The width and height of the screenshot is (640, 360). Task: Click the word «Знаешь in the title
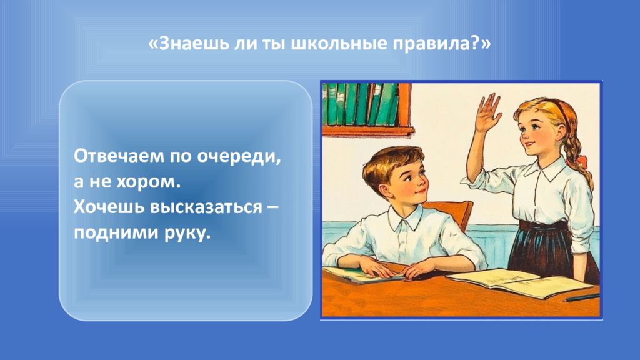tap(188, 43)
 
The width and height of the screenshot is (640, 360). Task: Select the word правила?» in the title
tap(442, 43)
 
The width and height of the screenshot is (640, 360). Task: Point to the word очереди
tap(239, 157)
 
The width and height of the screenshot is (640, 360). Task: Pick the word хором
tap(149, 182)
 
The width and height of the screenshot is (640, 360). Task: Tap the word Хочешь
tap(109, 207)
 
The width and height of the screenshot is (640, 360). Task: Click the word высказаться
tap(206, 207)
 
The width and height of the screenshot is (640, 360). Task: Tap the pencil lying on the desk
tap(582, 298)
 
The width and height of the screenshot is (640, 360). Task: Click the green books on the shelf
tap(360, 104)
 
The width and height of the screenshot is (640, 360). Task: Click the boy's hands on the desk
tap(392, 269)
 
